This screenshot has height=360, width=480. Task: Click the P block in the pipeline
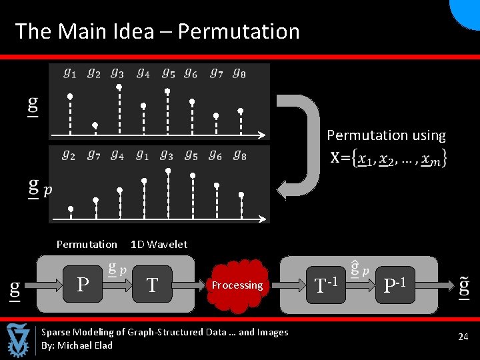(x=83, y=285)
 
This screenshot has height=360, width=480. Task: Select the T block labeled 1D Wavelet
(x=153, y=285)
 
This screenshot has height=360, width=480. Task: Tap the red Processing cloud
(x=237, y=285)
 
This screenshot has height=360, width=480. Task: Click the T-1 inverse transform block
(x=326, y=285)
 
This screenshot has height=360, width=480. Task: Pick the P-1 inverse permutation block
(x=396, y=285)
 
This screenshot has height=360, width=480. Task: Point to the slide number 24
(x=463, y=337)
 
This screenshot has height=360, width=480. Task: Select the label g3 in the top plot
(x=117, y=73)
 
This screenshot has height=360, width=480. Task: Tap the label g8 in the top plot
(x=239, y=73)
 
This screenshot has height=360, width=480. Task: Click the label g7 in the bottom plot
(x=93, y=155)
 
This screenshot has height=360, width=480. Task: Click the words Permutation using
(x=386, y=135)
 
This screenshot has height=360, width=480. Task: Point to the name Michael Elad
(x=85, y=345)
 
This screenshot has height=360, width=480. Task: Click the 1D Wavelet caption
(x=159, y=244)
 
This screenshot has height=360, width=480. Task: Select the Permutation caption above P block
(x=87, y=244)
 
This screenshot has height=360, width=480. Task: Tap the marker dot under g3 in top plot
(x=119, y=87)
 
